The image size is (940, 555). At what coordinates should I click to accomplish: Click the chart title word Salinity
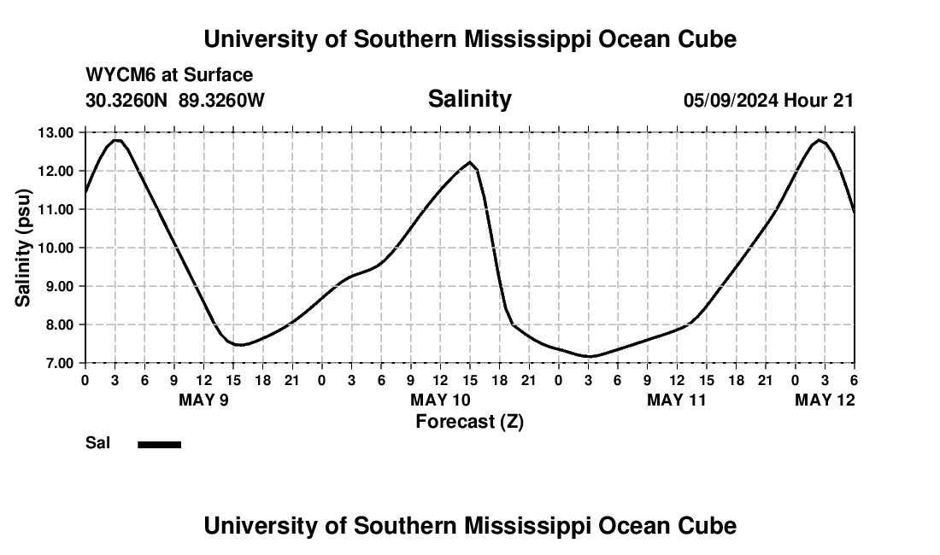(469, 99)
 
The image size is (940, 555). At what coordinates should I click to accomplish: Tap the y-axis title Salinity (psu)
(23, 248)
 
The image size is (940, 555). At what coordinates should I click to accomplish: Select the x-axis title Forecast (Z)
(469, 421)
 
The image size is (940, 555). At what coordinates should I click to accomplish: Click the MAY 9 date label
(203, 400)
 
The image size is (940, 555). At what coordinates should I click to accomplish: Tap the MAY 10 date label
(440, 400)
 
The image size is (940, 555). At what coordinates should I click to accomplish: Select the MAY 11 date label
(677, 400)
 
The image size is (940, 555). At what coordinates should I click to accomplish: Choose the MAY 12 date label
(825, 400)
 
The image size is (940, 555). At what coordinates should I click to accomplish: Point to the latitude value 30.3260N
(128, 100)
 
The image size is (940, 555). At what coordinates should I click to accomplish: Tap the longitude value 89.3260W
(221, 100)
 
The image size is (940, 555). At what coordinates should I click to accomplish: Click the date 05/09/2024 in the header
(731, 100)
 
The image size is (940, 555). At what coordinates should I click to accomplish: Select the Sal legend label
(97, 443)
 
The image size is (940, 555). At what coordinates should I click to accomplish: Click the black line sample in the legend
(159, 444)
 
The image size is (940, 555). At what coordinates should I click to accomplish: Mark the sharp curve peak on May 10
(470, 162)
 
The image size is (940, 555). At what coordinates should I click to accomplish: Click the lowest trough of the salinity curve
(588, 356)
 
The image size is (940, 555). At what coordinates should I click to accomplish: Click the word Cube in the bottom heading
(708, 526)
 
